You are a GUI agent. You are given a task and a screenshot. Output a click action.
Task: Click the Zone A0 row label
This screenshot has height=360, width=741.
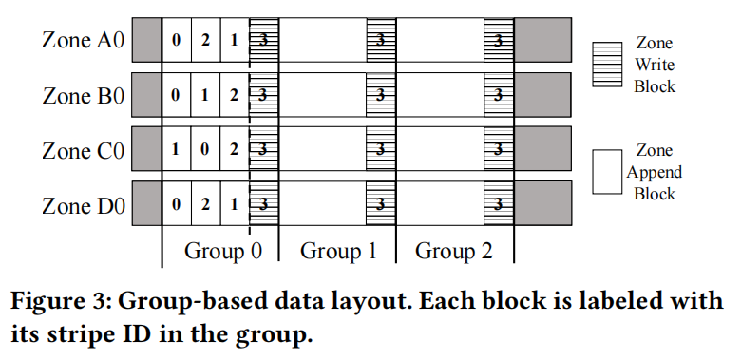[84, 40]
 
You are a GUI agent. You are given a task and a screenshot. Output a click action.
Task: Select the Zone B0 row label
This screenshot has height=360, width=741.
[84, 95]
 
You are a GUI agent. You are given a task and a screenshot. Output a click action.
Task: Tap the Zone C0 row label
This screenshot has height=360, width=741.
[84, 151]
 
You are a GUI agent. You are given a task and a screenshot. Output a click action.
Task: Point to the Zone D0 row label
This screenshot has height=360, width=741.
[84, 206]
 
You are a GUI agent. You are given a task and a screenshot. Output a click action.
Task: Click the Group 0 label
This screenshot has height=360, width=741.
[222, 251]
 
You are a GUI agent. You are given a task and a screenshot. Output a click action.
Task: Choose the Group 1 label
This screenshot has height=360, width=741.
[338, 251]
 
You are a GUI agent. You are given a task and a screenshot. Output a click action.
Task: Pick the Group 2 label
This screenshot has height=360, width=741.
[454, 251]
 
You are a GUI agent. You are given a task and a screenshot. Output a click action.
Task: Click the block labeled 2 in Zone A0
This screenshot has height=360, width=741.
[205, 40]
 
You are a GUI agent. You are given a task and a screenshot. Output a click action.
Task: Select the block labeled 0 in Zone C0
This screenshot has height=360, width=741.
[205, 149]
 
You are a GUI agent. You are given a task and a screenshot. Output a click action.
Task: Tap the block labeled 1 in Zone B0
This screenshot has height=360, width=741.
[205, 95]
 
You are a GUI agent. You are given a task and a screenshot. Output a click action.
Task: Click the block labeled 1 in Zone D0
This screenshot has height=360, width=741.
[235, 203]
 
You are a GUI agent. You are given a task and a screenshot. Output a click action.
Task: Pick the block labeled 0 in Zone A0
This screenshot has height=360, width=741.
[177, 40]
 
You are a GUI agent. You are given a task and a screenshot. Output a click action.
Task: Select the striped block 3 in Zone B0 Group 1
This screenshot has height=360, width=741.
[381, 95]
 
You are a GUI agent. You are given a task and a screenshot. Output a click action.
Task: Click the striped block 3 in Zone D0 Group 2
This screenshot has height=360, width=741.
[499, 203]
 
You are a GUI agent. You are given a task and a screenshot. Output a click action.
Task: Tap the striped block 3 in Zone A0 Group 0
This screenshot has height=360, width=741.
[264, 40]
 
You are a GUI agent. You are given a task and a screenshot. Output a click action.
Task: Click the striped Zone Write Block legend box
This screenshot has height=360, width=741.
[607, 65]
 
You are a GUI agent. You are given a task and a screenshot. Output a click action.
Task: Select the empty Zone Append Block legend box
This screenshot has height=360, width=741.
[607, 172]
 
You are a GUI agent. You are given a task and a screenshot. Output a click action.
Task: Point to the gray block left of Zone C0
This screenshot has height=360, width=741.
[146, 149]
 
